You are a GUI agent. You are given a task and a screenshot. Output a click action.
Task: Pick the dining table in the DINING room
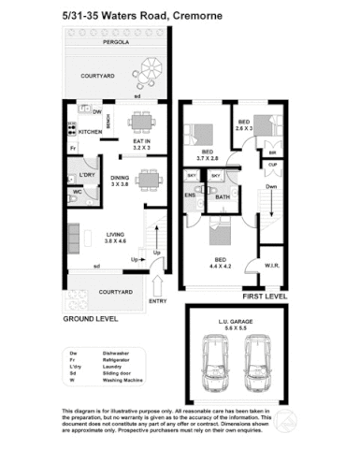click(148, 179)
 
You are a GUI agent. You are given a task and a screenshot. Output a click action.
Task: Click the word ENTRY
click(156, 300)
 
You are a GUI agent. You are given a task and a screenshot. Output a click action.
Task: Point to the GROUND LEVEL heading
click(90, 318)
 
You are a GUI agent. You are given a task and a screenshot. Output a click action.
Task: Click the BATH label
click(223, 196)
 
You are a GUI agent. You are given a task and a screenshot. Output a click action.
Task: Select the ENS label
click(190, 196)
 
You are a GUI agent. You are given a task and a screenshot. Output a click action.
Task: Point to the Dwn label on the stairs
click(271, 185)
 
